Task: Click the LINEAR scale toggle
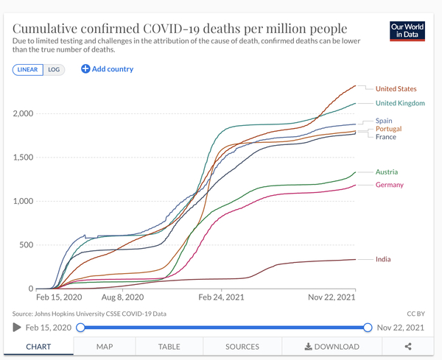coord(28,69)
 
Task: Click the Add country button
coord(108,69)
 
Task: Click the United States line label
coord(396,89)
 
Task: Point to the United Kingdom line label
coord(400,103)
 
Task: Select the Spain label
coord(383,120)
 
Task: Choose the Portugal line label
coord(388,129)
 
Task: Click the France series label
coord(385,137)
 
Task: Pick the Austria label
coord(387,172)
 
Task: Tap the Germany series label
coord(389,185)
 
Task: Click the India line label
coord(383,259)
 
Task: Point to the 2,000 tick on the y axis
coord(23,113)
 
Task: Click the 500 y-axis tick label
coord(26,245)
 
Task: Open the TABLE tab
coord(169,346)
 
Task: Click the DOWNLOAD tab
coord(331,346)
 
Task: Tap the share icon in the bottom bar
coord(408,346)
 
